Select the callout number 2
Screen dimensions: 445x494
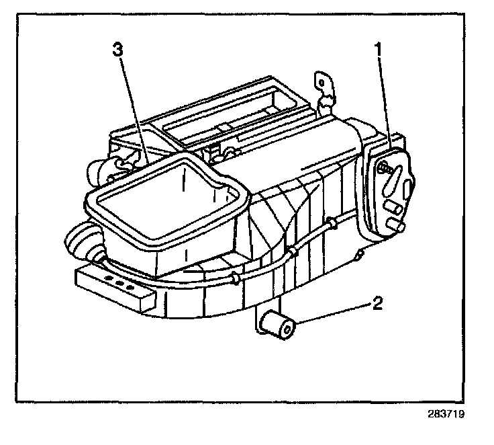(x=377, y=304)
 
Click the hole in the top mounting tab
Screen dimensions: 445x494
(x=322, y=81)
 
